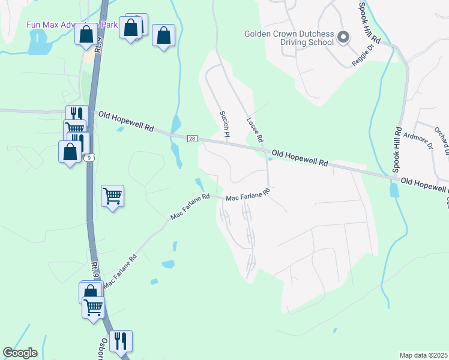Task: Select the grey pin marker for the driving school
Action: click(343, 38)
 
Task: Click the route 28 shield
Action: click(192, 139)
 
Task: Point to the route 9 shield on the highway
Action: click(88, 158)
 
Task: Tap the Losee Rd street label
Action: click(255, 129)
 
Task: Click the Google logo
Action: click(20, 353)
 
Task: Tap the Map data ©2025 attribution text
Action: click(423, 355)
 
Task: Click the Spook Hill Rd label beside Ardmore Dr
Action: click(397, 149)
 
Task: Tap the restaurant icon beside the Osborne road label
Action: click(121, 341)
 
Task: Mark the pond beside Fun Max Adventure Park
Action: click(38, 43)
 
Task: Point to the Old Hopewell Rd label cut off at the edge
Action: click(424, 185)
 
